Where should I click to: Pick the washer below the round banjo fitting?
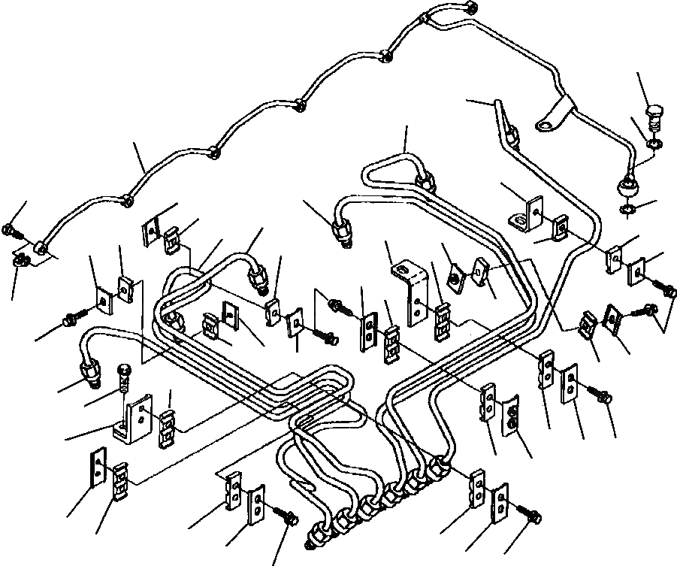(628, 210)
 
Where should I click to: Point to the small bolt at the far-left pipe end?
(9, 231)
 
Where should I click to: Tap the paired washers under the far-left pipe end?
(21, 261)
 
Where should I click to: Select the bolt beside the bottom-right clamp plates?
(528, 513)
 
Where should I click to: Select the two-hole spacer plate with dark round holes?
(510, 418)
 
